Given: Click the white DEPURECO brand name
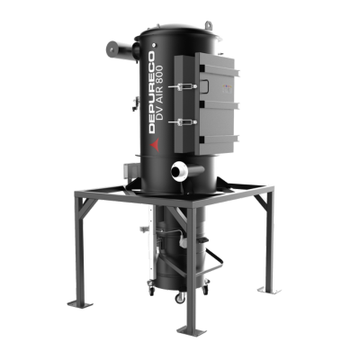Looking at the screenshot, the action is pos(152,92).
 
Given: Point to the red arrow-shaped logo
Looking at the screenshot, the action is pos(155,145).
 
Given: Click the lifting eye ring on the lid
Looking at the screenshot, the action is pos(209,25).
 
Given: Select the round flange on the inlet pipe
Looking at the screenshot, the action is pos(112,48).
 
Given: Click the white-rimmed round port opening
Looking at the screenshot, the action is pos(178,171).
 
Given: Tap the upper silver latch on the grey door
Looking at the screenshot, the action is pos(183,86).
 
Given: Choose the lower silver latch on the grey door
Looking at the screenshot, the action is pos(183,121).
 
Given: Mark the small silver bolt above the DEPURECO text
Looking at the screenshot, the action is pos(154,45).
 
